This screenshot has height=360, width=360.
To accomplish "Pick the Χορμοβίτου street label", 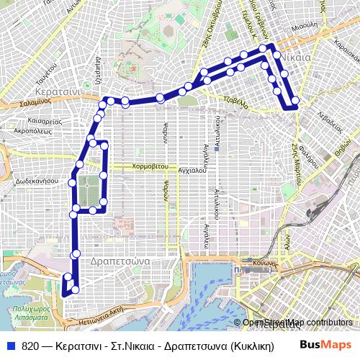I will pos(150,166).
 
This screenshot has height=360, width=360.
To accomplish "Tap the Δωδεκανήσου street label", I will pos(36,181).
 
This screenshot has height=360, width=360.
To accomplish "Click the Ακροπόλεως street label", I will pos(32,132).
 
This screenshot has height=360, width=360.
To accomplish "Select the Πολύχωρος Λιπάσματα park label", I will pos(30,312).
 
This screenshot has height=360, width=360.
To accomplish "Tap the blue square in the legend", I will pos(11,346).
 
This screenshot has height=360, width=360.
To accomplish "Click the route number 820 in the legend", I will pos(30,346).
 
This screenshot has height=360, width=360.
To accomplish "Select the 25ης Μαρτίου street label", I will pos(296,153).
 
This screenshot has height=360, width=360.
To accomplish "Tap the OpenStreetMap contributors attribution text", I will pos(297,323).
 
